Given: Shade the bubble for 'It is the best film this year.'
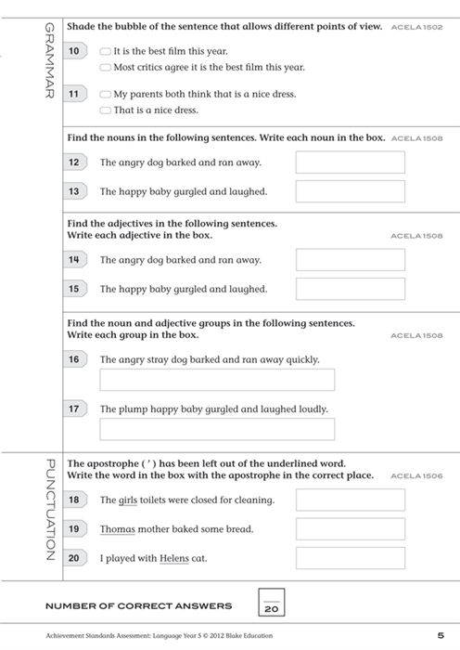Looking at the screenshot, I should (x=106, y=52).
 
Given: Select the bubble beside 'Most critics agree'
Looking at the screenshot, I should (x=106, y=68).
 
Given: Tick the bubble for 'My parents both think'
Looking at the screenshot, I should (x=106, y=95).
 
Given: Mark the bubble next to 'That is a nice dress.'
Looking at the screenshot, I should (x=106, y=110).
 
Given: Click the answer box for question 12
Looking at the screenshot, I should (x=350, y=162).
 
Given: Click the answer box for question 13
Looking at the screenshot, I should (x=350, y=191).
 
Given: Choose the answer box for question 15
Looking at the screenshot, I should (x=350, y=289).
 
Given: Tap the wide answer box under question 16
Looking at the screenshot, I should (x=216, y=380).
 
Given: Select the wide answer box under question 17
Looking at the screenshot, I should (x=216, y=429).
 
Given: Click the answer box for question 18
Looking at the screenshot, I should (x=350, y=500).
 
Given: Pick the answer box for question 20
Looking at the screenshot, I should (x=350, y=558).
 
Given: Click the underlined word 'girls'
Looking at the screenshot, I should (x=128, y=500).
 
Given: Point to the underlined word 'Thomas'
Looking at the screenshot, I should (x=118, y=529).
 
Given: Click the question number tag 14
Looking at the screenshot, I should (x=75, y=260).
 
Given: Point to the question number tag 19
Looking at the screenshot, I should (x=75, y=529).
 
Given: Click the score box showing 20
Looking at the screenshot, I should (x=271, y=604).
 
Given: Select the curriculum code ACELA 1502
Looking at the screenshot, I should (x=417, y=28).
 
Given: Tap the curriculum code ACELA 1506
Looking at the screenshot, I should (x=417, y=476).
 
